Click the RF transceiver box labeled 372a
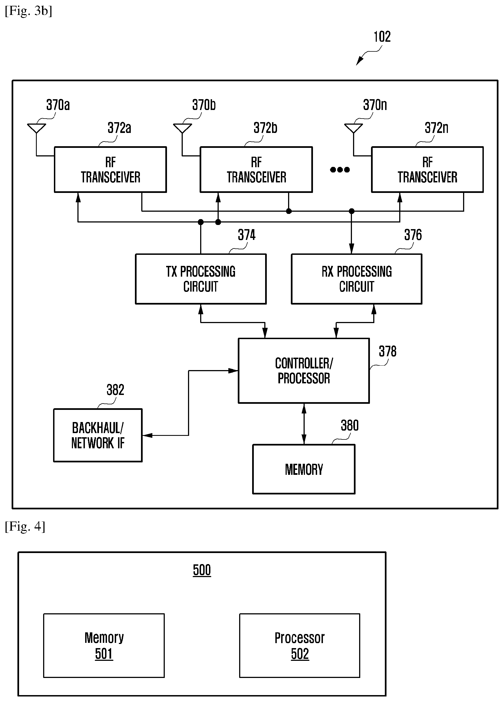click(110, 170)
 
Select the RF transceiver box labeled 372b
click(256, 170)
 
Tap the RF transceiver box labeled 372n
click(427, 170)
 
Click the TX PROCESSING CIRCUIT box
click(201, 279)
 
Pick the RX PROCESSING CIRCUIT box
click(356, 279)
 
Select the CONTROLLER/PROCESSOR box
click(304, 371)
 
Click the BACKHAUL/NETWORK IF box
click(98, 435)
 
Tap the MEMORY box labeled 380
click(304, 469)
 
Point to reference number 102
click(382, 37)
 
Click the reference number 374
click(246, 235)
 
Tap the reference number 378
click(388, 351)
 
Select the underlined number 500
click(202, 570)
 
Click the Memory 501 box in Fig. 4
click(104, 645)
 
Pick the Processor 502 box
click(300, 645)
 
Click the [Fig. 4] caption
click(25, 526)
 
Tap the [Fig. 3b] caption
click(28, 11)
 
